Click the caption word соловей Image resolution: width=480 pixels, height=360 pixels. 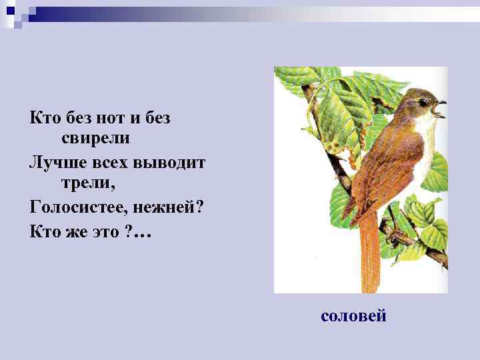point(353,315)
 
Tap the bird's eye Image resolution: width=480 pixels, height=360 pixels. point(423,102)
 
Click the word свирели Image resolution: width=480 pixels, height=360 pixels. point(95,139)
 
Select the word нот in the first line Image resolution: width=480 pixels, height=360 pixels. point(106,118)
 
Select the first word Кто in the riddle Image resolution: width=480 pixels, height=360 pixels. point(45,118)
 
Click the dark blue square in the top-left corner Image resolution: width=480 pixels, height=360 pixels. point(10,9)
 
